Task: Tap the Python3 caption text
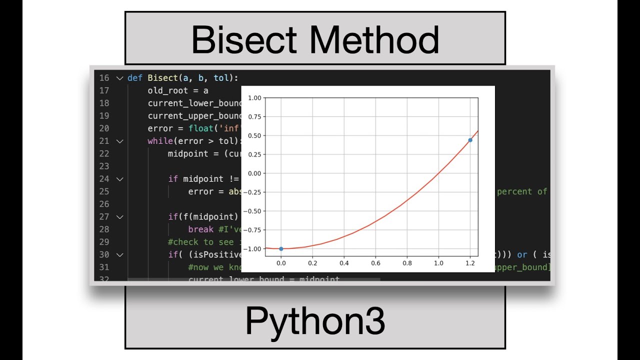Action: click(x=315, y=321)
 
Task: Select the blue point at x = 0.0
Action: click(x=281, y=248)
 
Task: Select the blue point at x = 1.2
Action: click(x=470, y=140)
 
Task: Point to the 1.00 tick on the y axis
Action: click(x=254, y=98)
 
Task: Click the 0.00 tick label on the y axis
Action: click(x=254, y=173)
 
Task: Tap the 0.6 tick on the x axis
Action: click(x=375, y=263)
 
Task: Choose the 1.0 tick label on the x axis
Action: click(x=438, y=263)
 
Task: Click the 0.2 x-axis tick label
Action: click(x=312, y=263)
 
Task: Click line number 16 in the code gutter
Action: click(x=104, y=78)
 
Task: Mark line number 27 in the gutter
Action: click(x=104, y=216)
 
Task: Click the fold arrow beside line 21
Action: click(x=119, y=141)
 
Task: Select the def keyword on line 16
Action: click(x=135, y=78)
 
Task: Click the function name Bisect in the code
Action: click(x=162, y=78)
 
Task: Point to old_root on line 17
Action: click(x=167, y=90)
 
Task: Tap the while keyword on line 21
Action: click(x=160, y=141)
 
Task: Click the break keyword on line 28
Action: click(x=201, y=229)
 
